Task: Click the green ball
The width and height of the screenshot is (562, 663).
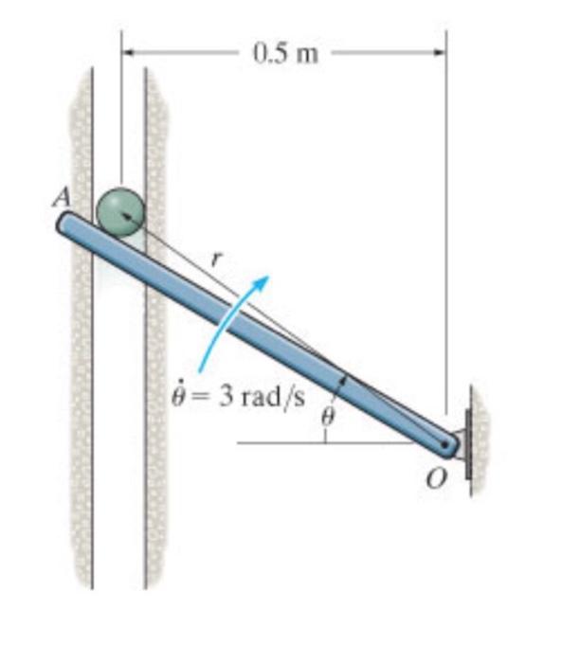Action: click(x=121, y=212)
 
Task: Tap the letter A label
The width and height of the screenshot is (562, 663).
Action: click(x=62, y=197)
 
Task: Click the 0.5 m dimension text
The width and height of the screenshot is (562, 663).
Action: click(x=285, y=54)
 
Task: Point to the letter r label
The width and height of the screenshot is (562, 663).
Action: click(x=217, y=259)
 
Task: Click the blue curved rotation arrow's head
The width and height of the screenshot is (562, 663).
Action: click(x=262, y=281)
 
